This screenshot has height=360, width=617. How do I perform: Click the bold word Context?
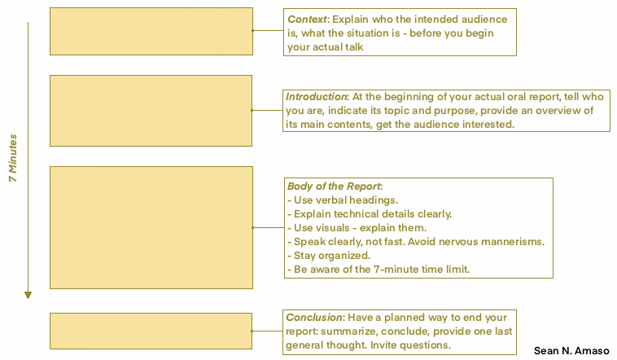pos(307,20)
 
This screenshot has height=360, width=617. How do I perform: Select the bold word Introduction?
pos(316,96)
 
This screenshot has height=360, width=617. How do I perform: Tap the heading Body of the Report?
pos(334,187)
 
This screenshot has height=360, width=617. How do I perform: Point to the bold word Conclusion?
pos(314,318)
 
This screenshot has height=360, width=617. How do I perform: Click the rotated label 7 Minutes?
pos(13,158)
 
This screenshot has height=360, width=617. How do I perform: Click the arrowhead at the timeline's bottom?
pos(28,295)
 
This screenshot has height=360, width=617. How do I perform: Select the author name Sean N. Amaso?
pos(571,350)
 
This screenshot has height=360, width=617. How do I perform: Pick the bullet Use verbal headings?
pos(343,200)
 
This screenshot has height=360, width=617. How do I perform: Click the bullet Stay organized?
pos(329,256)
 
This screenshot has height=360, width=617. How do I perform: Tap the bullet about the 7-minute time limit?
pos(379,270)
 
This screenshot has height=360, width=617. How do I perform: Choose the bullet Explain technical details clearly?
pos(370,214)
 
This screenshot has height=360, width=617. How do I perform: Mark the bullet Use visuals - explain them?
pos(357,228)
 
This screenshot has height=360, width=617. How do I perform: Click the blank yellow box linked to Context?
pos(151,31)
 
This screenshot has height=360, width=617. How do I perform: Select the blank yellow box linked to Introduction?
pos(151,111)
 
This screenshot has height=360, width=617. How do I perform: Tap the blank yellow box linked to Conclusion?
pos(151,331)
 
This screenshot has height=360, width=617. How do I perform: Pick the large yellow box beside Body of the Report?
pos(151,228)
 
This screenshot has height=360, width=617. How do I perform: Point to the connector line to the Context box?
pos(268,30)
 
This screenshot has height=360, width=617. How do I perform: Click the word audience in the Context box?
pos(484,20)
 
